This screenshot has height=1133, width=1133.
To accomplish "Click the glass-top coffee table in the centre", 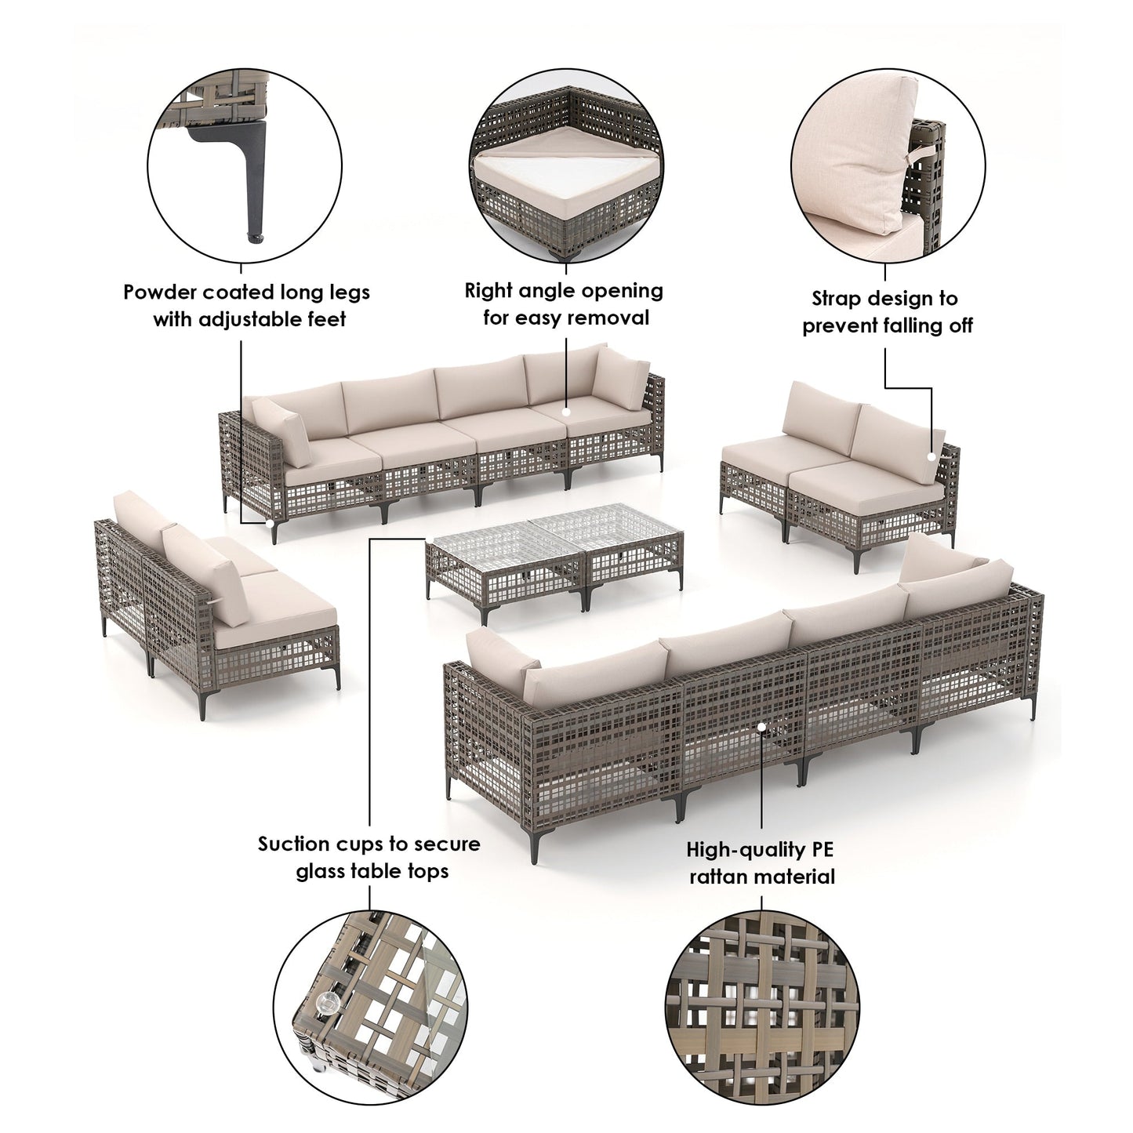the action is [x=555, y=558].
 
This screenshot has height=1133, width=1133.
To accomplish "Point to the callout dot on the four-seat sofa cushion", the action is [x=566, y=412].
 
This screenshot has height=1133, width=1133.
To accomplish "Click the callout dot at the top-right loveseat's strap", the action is [x=931, y=456].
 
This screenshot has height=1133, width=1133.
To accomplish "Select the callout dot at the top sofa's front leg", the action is [x=270, y=523].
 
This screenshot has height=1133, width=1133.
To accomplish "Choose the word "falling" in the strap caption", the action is [x=906, y=325].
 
